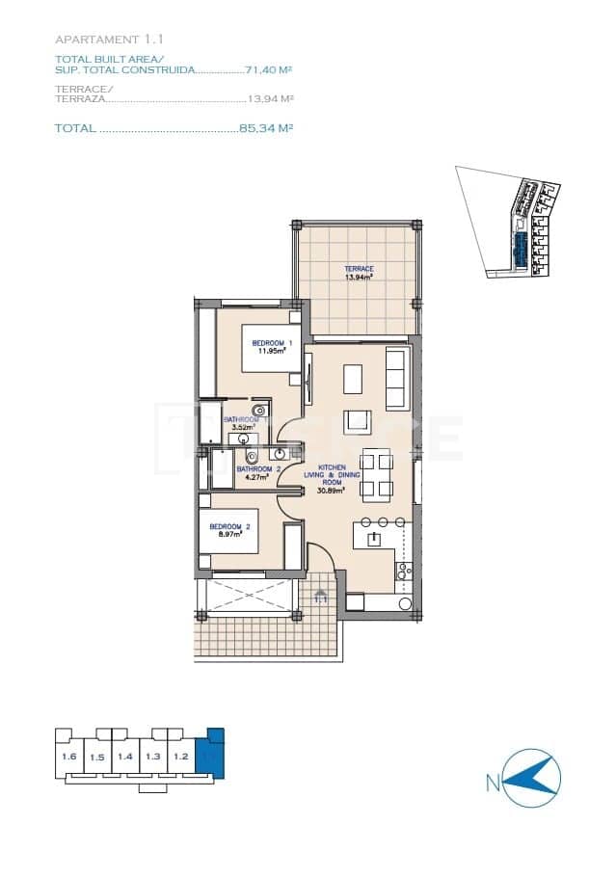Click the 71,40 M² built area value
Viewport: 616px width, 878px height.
tap(269, 70)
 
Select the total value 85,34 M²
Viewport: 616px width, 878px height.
tap(266, 128)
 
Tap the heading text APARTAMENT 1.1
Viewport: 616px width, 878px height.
tap(110, 40)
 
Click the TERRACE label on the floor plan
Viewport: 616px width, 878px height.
tap(359, 269)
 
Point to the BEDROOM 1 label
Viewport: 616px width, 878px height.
tap(271, 344)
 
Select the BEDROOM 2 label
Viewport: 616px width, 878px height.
tap(230, 526)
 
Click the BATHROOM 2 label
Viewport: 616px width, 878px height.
tap(251, 469)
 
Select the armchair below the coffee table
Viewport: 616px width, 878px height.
tap(360, 421)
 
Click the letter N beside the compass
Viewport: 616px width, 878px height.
tap(493, 784)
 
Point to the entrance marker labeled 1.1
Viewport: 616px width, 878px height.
tap(321, 599)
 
